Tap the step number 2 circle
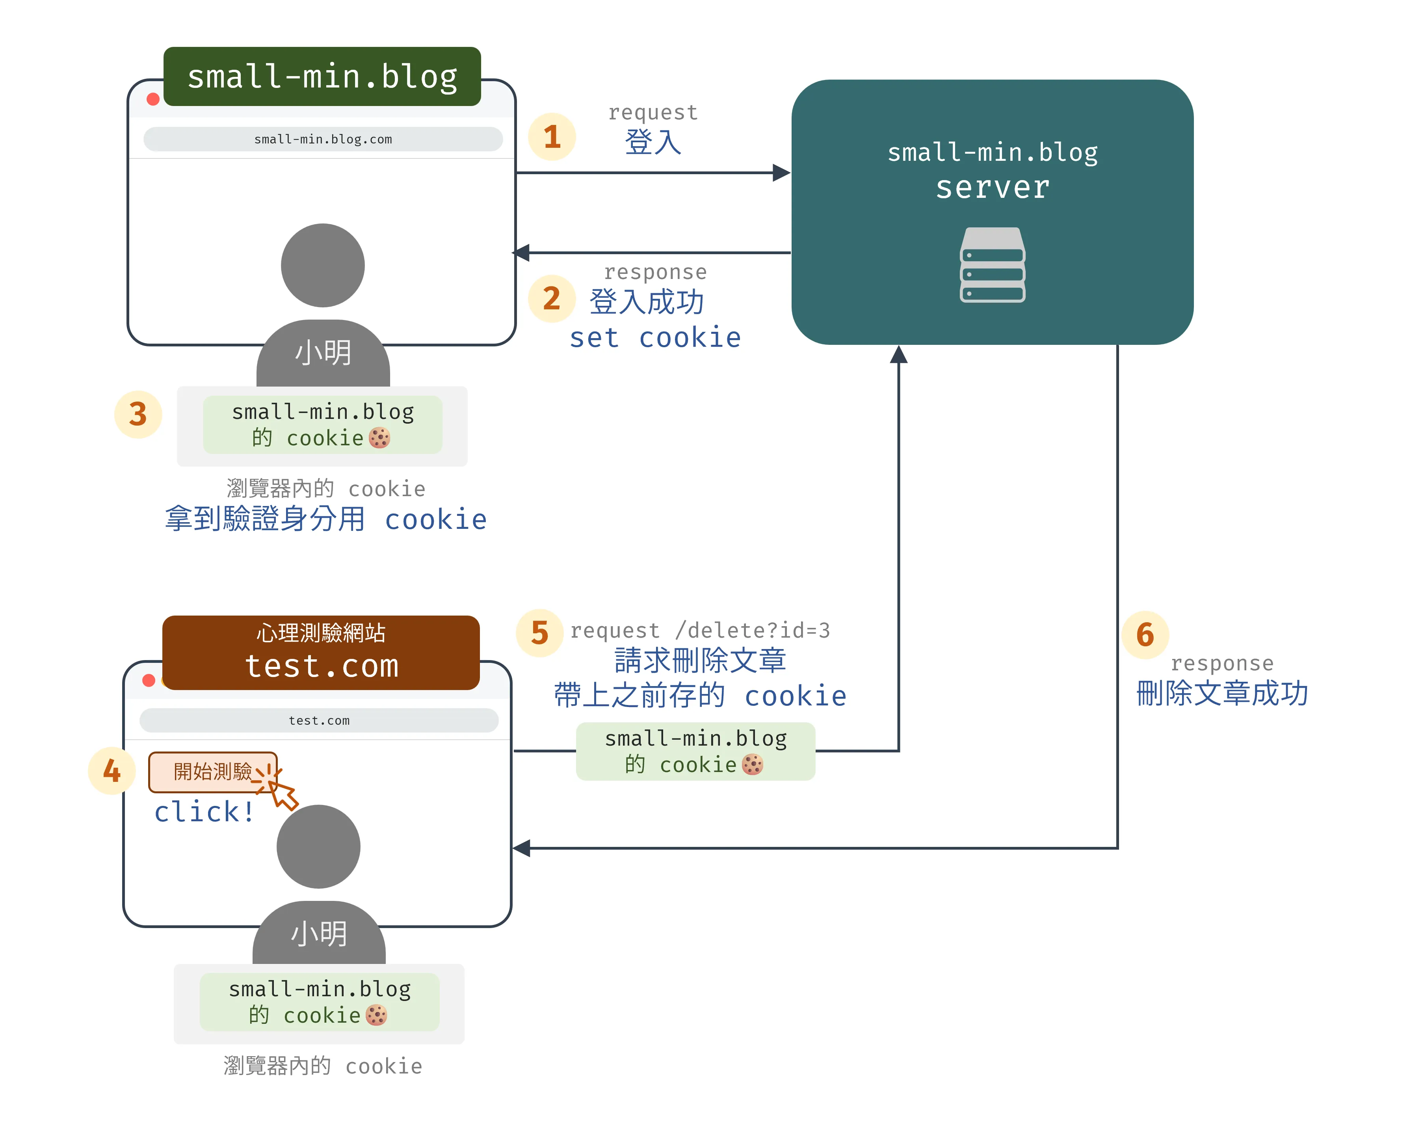pos(552,298)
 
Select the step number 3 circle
pos(138,414)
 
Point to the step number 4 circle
pos(112,770)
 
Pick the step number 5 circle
pos(539,632)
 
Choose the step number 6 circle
pos(1145,634)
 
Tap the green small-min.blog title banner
pos(322,76)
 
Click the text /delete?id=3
pos(753,630)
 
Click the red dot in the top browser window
pos(153,99)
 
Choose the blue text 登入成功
pos(647,302)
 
